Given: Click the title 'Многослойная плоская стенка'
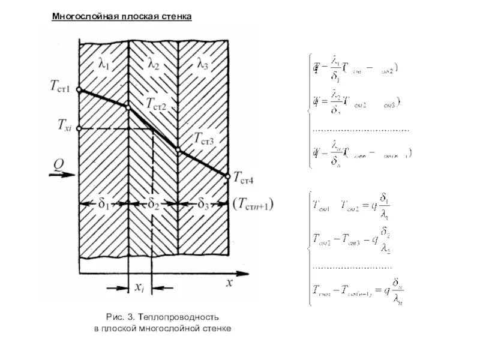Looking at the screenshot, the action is click(121, 17).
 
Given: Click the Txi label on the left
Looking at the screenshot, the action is click(64, 125).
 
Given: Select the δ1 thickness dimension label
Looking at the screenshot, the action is click(103, 204).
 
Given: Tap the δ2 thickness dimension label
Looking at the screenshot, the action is click(154, 204).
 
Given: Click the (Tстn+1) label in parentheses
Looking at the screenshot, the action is click(253, 205).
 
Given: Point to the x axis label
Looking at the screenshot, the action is click(229, 284).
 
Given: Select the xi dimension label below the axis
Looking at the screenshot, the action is click(139, 288).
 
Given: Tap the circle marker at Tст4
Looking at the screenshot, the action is click(228, 176).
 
